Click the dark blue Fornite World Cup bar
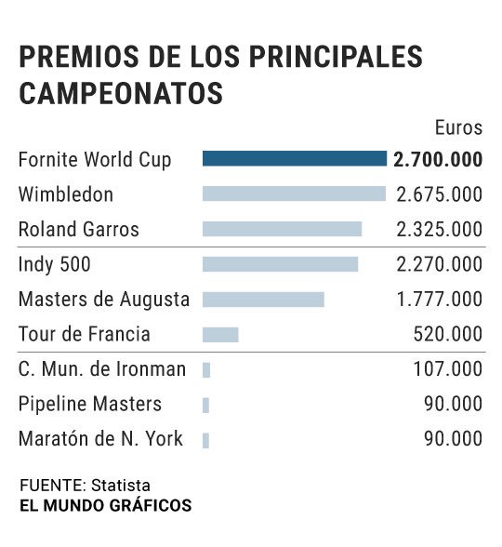(295, 159)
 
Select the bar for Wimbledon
(294, 193)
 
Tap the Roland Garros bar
(282, 229)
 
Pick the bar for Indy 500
(280, 264)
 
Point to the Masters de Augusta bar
(263, 300)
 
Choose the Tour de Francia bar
(220, 334)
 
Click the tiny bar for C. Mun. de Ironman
(206, 369)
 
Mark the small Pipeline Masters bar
(205, 405)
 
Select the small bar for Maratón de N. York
(205, 440)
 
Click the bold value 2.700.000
(438, 159)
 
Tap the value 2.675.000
(439, 194)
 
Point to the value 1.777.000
(439, 300)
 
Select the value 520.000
(448, 334)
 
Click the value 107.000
(448, 369)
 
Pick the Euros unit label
(458, 127)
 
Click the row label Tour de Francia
(85, 334)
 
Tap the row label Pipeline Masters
(90, 405)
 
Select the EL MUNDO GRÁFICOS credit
(106, 506)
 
